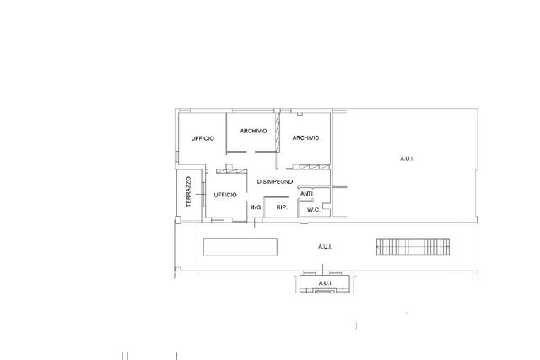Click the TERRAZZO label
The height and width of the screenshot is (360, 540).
tap(188, 191)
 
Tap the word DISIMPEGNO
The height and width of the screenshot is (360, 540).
tap(275, 181)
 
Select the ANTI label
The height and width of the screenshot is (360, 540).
tap(306, 194)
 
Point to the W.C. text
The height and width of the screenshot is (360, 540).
tap(313, 209)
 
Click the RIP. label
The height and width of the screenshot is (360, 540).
tap(282, 207)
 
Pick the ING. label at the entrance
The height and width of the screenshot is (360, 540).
tap(256, 207)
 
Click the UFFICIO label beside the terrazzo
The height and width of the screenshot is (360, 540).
tap(225, 195)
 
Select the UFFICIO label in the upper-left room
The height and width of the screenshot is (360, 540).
tap(202, 138)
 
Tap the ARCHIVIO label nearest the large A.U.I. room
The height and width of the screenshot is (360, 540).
tap(305, 137)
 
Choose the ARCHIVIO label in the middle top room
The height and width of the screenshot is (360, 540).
tap(253, 131)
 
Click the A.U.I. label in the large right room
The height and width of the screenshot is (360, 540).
tap(407, 159)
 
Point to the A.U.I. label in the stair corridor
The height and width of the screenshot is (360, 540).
tap(325, 247)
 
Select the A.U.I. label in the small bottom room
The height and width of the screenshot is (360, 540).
tap(325, 283)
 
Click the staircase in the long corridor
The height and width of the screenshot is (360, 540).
tap(413, 247)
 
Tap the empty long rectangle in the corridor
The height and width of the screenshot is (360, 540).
tap(240, 247)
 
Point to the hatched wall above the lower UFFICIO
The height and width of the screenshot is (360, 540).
tap(231, 171)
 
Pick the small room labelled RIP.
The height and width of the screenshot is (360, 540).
tap(280, 207)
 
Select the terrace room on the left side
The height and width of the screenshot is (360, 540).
tap(189, 195)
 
